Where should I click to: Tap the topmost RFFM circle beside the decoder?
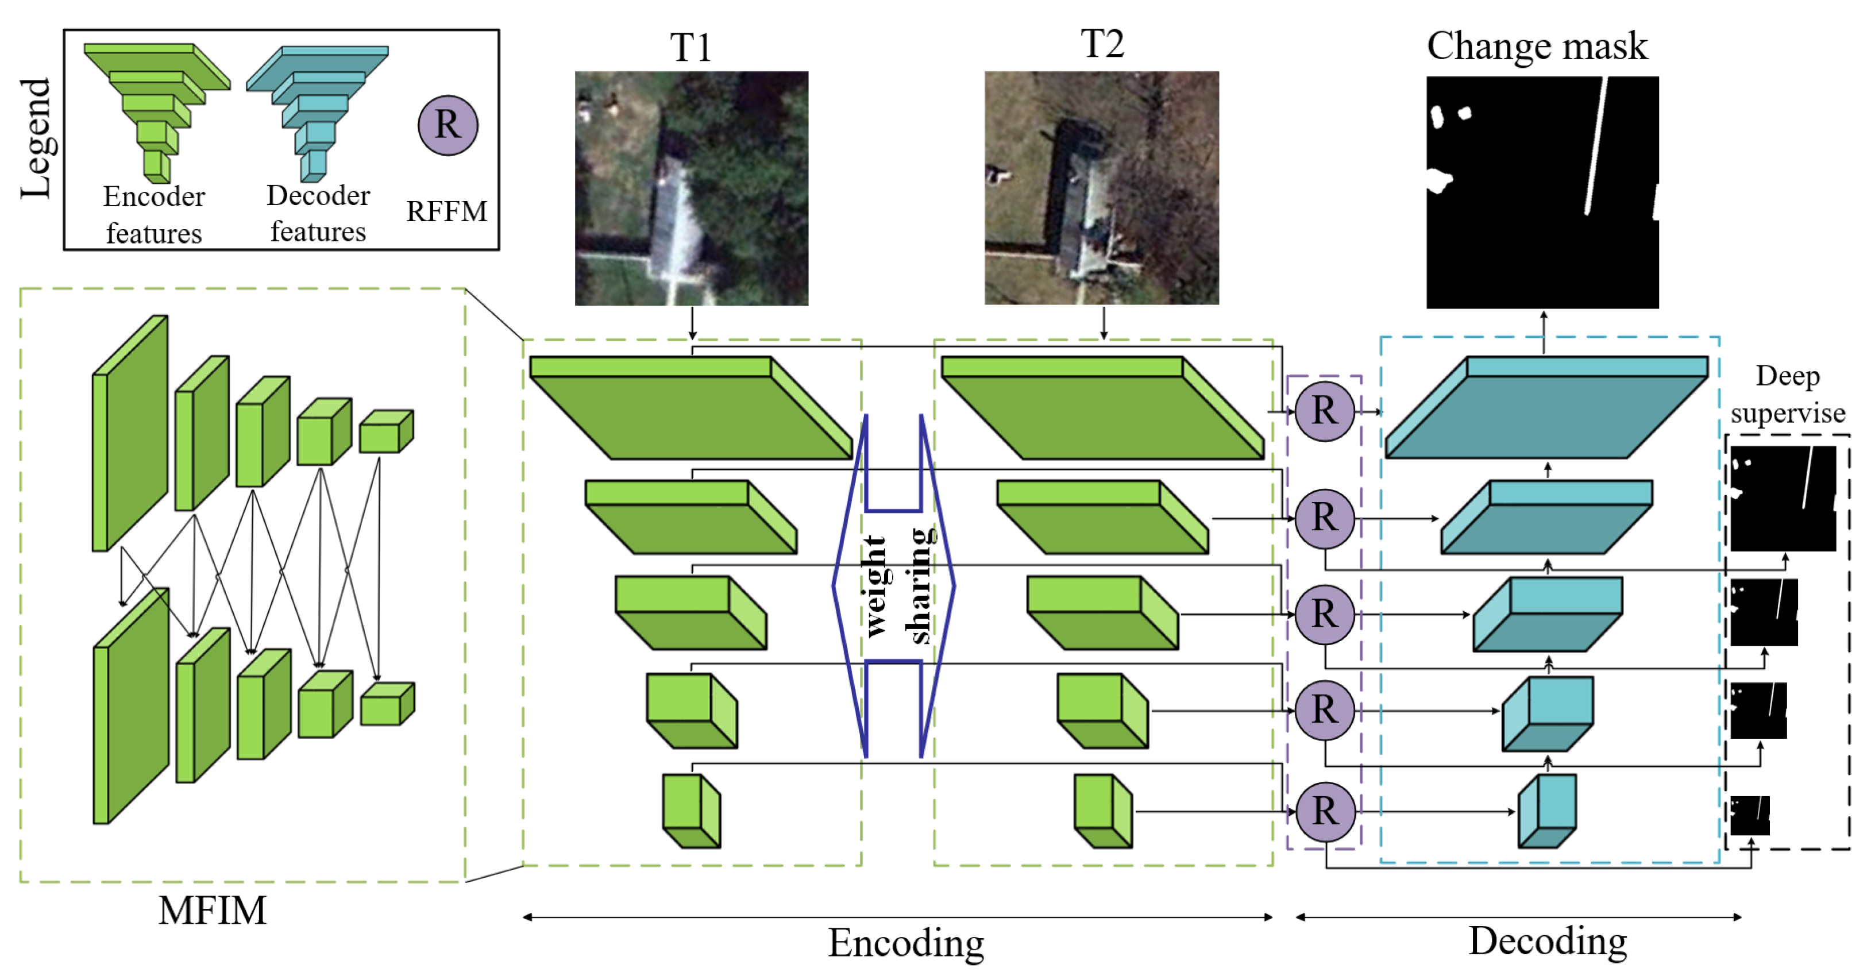pyautogui.click(x=1324, y=411)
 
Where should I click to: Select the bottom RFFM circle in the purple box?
pyautogui.click(x=1325, y=811)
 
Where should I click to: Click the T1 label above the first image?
pyautogui.click(x=690, y=48)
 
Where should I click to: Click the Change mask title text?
pyautogui.click(x=1536, y=47)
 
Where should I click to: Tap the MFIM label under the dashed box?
pyautogui.click(x=212, y=910)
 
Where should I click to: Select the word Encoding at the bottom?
pyautogui.click(x=906, y=943)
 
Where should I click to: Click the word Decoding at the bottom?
pyautogui.click(x=1547, y=940)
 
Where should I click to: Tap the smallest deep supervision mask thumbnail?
pyautogui.click(x=1749, y=815)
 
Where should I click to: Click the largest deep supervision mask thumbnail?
pyautogui.click(x=1783, y=498)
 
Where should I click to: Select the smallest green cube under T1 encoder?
pyautogui.click(x=690, y=811)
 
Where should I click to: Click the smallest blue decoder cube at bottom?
pyautogui.click(x=1547, y=811)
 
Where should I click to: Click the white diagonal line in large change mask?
pyautogui.click(x=1596, y=145)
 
